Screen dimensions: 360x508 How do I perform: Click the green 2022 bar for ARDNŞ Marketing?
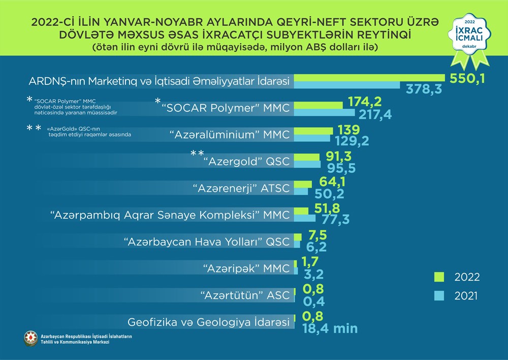click(368, 77)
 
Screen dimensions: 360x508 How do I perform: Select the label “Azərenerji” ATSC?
click(241, 188)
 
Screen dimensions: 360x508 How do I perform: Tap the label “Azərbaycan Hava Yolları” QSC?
click(207, 242)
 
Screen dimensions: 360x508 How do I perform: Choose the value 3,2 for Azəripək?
click(313, 275)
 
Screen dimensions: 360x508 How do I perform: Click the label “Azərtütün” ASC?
click(245, 294)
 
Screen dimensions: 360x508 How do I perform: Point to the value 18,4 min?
click(330, 328)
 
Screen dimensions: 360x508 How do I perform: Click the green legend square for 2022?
click(439, 277)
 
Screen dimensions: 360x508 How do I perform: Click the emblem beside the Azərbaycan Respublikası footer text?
click(30, 338)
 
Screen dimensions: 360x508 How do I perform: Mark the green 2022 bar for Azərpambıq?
click(301, 211)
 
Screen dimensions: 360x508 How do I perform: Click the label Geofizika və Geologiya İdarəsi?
click(208, 321)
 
